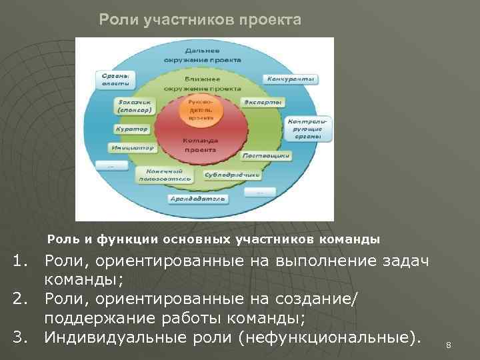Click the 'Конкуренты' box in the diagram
pos(291,79)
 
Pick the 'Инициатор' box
pos(133,147)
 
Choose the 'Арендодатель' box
pos(199,198)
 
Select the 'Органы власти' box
pos(115,80)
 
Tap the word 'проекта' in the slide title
pos(271,20)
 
